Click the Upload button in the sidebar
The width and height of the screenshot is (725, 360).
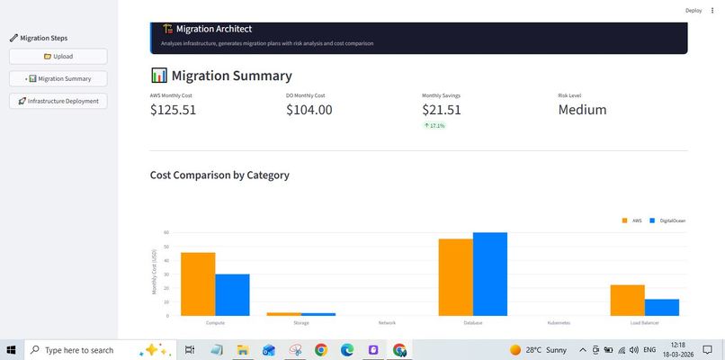point(58,56)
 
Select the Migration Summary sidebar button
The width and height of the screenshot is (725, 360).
point(58,78)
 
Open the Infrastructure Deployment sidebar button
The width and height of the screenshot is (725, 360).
point(58,101)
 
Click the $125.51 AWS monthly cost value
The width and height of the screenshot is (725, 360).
point(173,110)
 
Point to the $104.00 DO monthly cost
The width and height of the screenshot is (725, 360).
point(309,110)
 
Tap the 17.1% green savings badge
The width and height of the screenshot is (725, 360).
point(434,126)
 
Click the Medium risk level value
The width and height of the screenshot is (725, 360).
point(582,110)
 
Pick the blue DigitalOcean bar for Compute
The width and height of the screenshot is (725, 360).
point(232,294)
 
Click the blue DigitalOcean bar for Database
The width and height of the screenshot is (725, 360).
point(490,274)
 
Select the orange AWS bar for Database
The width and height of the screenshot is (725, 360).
point(455,277)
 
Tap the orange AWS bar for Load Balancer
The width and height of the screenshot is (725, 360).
point(627,300)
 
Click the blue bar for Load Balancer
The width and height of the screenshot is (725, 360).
point(661,307)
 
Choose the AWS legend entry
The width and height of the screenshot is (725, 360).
point(632,220)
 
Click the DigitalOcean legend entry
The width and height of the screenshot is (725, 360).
point(667,220)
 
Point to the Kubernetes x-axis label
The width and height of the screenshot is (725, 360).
point(559,322)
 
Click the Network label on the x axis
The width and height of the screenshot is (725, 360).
point(387,322)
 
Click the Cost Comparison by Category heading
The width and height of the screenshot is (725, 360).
point(219,175)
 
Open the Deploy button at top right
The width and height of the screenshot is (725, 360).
point(693,10)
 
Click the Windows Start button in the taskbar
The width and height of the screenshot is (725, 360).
point(13,350)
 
